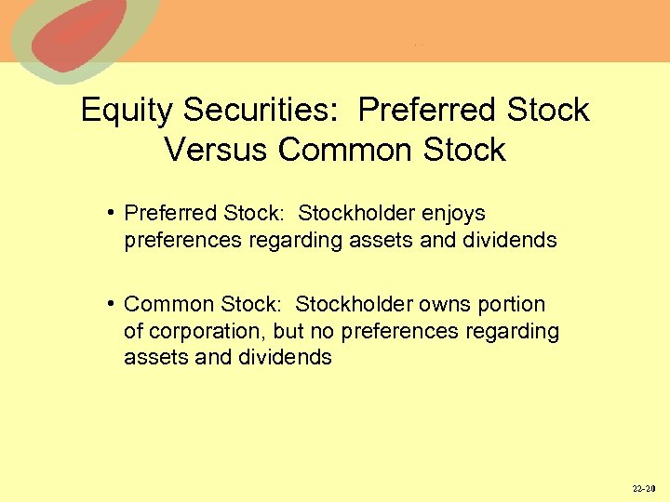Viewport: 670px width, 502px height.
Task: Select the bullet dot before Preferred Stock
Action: (x=111, y=214)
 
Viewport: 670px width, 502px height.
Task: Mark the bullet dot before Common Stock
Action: (x=111, y=305)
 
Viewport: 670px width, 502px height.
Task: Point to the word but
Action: (x=282, y=332)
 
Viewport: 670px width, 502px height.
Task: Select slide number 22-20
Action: (x=644, y=488)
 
